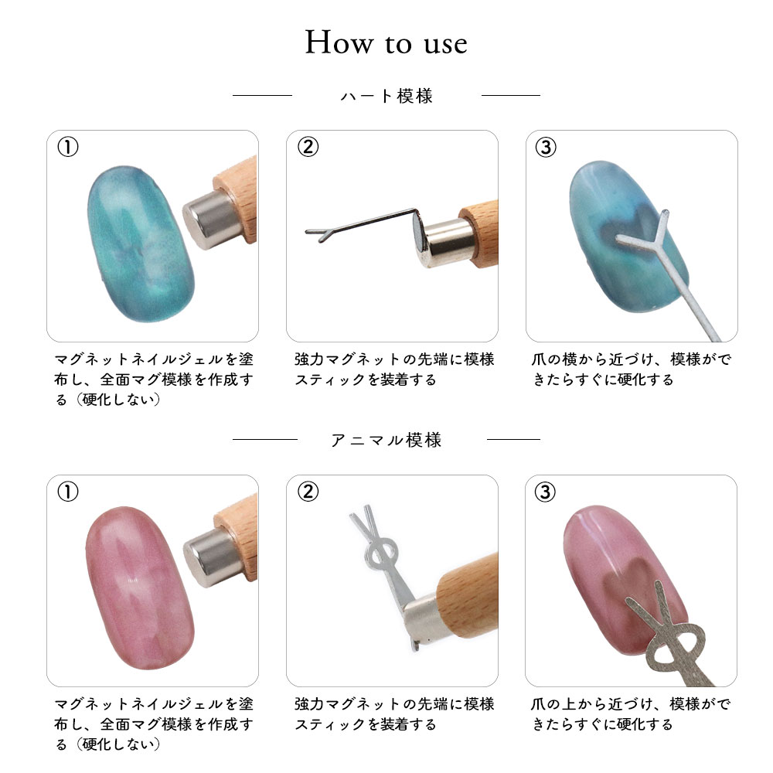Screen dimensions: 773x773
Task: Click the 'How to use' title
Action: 386,42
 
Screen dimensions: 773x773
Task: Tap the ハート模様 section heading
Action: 386,96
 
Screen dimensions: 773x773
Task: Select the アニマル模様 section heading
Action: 386,440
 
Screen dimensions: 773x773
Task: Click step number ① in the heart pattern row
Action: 68,147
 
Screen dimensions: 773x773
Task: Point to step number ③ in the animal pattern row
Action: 545,492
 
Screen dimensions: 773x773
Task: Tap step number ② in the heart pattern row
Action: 308,147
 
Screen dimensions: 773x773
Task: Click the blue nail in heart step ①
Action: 141,244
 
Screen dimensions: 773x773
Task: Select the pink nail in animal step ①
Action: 140,587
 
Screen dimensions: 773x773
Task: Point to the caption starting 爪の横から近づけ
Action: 632,369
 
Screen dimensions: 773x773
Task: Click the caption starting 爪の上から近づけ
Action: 631,713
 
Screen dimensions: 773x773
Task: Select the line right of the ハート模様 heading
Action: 511,95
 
